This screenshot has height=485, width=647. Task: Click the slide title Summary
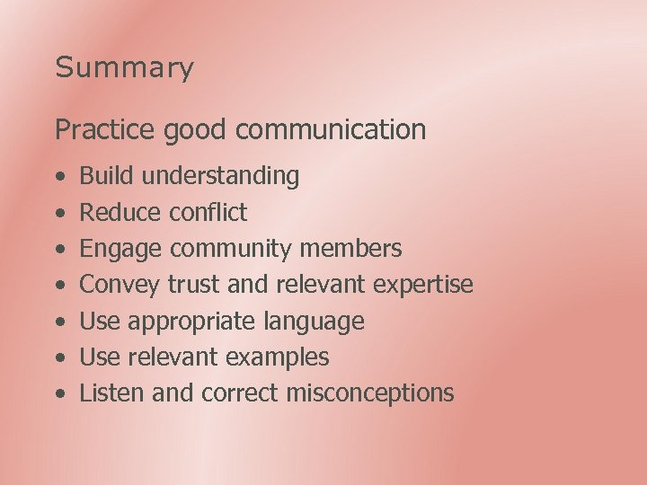coord(124,68)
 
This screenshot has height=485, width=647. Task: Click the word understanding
coord(221,177)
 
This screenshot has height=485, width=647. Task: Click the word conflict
coord(208,213)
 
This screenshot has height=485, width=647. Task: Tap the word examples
coord(278,357)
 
